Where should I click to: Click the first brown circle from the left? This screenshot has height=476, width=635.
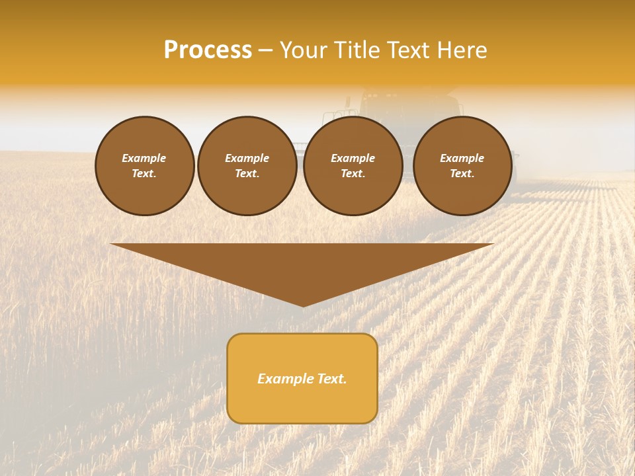pyautogui.click(x=145, y=166)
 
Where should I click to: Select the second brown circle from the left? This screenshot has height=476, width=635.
pyautogui.click(x=247, y=166)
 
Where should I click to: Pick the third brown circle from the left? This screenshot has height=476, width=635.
pyautogui.click(x=353, y=166)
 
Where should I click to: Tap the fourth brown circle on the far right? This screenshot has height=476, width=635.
pyautogui.click(x=462, y=166)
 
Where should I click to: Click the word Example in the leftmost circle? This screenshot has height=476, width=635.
pyautogui.click(x=144, y=159)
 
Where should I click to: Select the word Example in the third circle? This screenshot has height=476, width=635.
pyautogui.click(x=353, y=159)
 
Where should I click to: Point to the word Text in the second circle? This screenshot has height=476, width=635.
pyautogui.click(x=246, y=174)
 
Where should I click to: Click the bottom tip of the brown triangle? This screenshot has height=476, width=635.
pyautogui.click(x=303, y=305)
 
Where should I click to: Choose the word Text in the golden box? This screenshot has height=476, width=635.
pyautogui.click(x=332, y=379)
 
